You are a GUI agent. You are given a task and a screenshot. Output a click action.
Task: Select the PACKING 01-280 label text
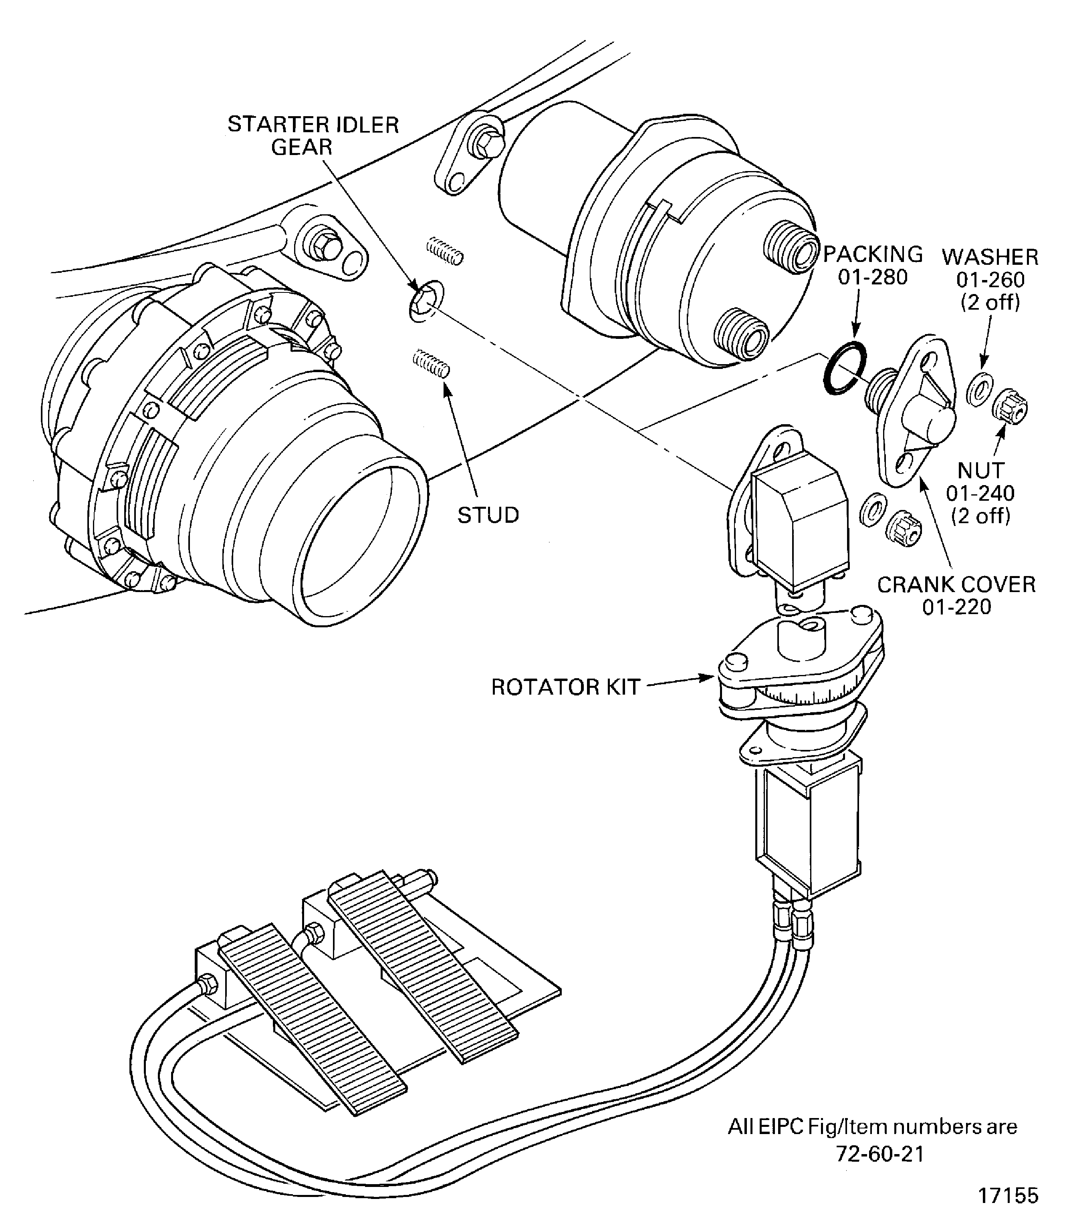tap(873, 265)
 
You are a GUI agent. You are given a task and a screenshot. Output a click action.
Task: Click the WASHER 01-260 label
tap(990, 279)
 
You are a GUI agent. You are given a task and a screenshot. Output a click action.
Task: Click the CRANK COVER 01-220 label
tap(957, 595)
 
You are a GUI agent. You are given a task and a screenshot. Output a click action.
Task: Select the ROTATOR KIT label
tap(565, 687)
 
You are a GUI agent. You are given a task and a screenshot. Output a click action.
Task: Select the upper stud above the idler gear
tap(445, 251)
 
